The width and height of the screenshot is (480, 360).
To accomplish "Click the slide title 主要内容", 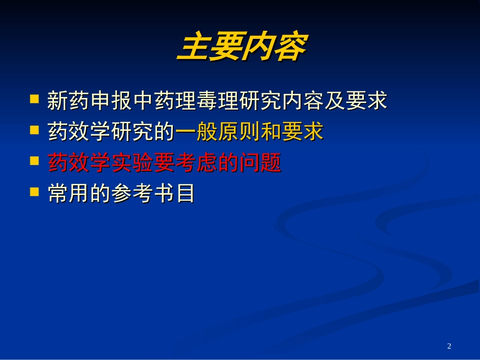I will tap(241, 48).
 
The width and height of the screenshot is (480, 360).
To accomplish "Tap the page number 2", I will tap(449, 346).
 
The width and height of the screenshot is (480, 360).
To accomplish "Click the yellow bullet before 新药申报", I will tap(34, 98).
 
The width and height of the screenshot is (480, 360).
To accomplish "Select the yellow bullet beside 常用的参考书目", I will tap(34, 191).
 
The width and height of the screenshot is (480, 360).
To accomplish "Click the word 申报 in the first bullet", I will tap(103, 101).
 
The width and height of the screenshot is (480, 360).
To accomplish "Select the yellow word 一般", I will tap(197, 132).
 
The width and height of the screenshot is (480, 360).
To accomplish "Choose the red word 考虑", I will tap(197, 164).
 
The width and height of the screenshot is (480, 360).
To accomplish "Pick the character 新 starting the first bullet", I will tap(56, 101).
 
